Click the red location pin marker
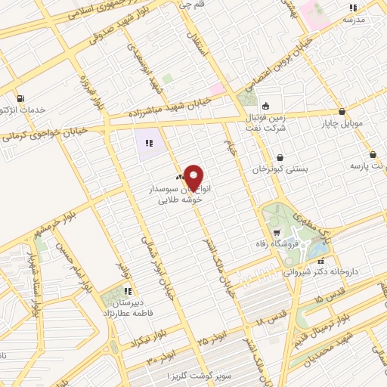point(194,178)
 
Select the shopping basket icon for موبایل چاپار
point(342,111)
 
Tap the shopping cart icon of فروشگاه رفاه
point(277,232)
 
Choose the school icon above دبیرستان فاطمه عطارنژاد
point(128,290)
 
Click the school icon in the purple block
point(149,142)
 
